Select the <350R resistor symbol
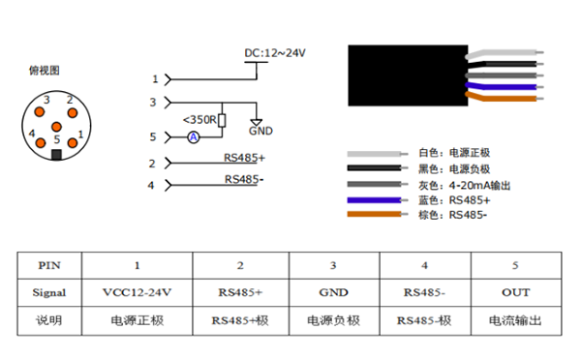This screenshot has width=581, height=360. pyautogui.click(x=223, y=121)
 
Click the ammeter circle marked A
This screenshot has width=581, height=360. pyautogui.click(x=193, y=138)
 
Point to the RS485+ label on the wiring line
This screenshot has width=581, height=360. pyautogui.click(x=244, y=158)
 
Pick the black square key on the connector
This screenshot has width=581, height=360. pyautogui.click(x=56, y=153)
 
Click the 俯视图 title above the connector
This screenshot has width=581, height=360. pyautogui.click(x=45, y=70)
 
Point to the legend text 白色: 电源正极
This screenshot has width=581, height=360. pyautogui.click(x=455, y=153)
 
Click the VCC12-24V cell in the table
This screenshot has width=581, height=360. pyautogui.click(x=137, y=291)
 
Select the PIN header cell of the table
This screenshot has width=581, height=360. pyautogui.click(x=48, y=264)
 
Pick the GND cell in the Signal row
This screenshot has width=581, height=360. pyautogui.click(x=333, y=291)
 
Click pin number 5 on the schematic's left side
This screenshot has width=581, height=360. pyautogui.click(x=152, y=137)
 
